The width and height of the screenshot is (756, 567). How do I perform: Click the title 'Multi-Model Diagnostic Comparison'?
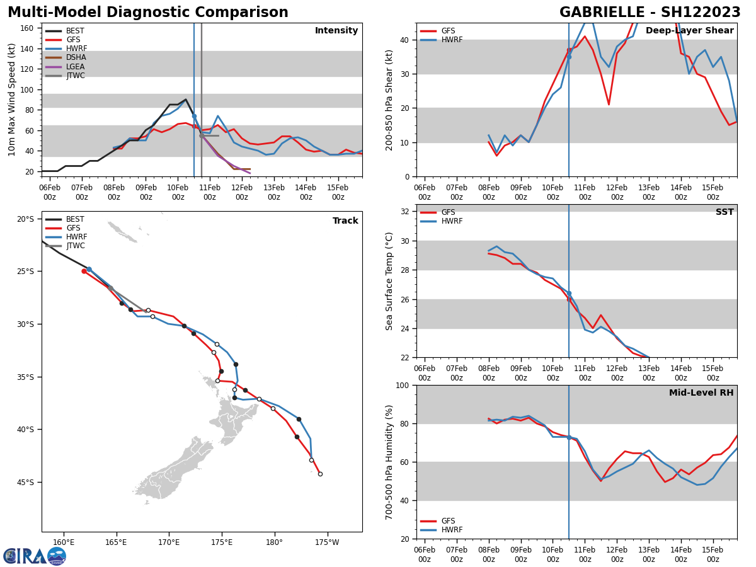coord(148,13)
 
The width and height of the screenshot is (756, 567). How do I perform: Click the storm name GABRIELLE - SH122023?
coord(650,13)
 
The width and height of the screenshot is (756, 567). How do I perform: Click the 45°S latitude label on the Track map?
coord(26,483)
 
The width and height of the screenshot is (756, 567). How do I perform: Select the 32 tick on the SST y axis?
coord(406,212)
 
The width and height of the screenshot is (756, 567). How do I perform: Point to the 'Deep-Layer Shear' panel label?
coord(689,31)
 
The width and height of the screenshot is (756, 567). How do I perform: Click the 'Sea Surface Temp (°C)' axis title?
coord(389,281)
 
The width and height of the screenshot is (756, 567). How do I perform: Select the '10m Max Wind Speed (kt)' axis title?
coord(12,100)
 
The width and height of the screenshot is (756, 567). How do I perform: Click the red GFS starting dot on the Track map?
coord(84,271)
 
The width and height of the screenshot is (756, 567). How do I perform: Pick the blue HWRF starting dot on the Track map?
coord(89,269)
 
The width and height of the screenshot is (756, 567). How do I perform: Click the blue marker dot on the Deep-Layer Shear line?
coord(569,57)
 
